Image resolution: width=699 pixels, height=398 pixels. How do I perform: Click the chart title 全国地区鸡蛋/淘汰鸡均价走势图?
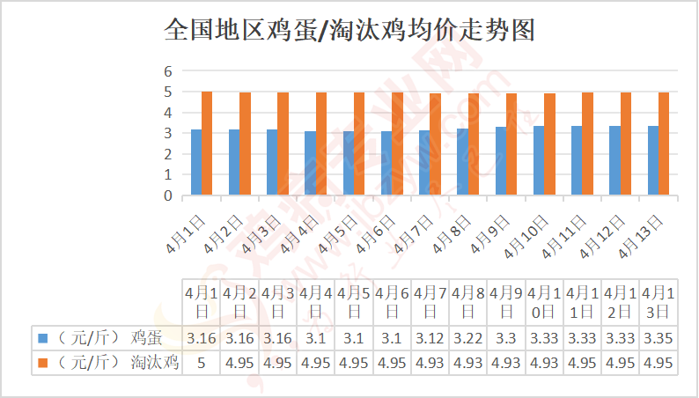click(349, 31)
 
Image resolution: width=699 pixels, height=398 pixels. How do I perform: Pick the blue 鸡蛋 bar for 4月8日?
click(462, 162)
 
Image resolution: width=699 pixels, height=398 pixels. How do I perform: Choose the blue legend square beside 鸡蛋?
click(41, 336)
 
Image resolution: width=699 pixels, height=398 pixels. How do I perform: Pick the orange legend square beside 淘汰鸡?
click(41, 361)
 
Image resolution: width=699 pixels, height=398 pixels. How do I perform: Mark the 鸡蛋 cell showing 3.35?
click(659, 336)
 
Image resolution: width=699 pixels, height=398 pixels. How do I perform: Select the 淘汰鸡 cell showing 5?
click(202, 361)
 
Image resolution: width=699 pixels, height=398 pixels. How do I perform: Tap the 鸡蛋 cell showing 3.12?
click(430, 336)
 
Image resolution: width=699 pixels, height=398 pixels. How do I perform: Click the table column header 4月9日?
click(506, 301)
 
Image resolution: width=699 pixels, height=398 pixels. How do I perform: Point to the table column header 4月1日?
click(202, 301)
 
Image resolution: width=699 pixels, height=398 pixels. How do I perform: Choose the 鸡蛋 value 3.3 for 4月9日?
click(506, 336)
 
